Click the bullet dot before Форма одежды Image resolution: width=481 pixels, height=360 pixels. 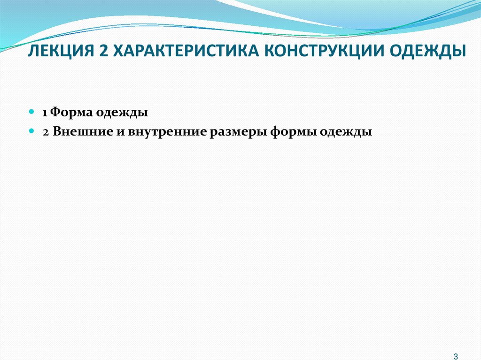pos(31,113)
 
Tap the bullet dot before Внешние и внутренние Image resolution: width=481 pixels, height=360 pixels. pos(31,132)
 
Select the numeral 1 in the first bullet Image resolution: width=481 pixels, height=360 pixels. pos(44,113)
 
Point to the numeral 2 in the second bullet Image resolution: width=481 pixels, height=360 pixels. pos(45,132)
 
